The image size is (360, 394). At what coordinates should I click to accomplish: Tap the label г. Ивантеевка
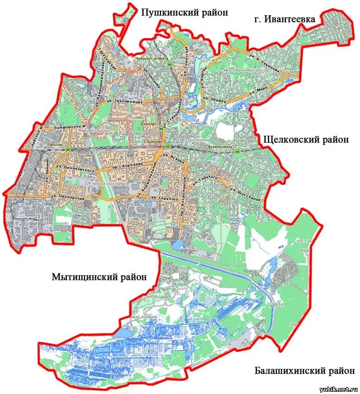tap(284, 19)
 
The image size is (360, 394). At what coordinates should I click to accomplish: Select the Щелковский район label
tap(305, 140)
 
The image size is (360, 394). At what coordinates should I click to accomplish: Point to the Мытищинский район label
tap(99, 277)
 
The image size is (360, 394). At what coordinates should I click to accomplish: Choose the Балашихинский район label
tap(304, 371)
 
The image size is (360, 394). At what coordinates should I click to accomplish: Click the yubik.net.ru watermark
tap(339, 388)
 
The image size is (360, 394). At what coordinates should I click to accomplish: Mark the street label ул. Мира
tap(261, 88)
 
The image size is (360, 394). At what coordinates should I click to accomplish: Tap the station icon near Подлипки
tap(69, 149)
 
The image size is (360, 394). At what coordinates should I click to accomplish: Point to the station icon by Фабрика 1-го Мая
tap(171, 65)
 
